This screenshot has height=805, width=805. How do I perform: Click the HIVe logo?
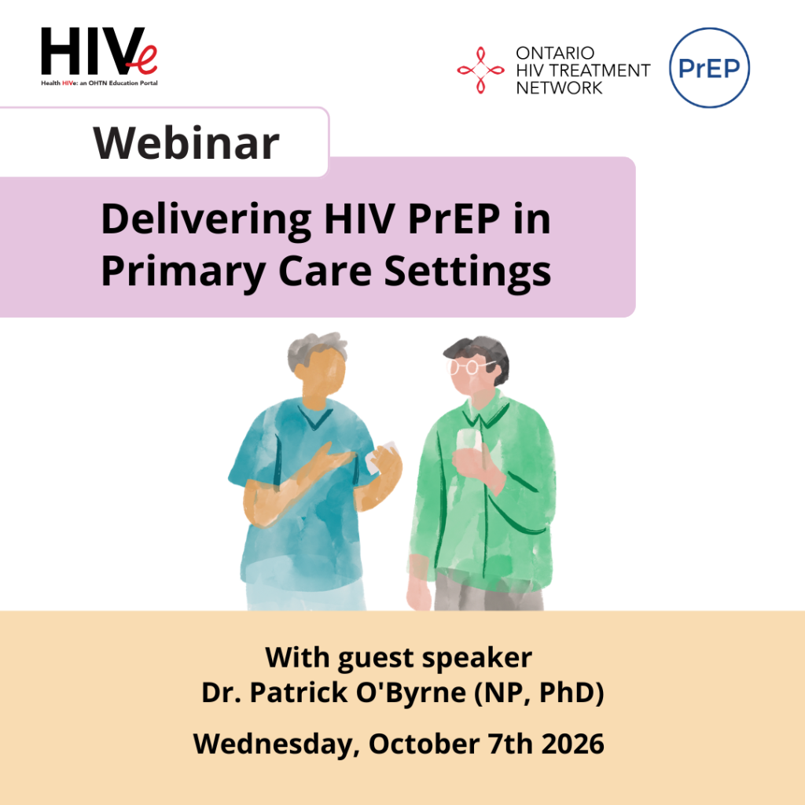click(99, 57)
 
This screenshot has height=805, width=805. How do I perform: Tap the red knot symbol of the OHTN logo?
click(480, 70)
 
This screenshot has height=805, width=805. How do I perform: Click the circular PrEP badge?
click(709, 68)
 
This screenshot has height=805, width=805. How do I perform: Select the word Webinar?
click(186, 143)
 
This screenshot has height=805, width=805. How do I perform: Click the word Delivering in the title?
click(207, 220)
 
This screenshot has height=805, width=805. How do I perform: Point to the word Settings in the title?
click(468, 272)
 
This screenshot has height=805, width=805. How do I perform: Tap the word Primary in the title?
click(183, 273)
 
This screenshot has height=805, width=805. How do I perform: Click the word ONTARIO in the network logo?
click(555, 53)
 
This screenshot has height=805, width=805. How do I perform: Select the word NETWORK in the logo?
click(559, 88)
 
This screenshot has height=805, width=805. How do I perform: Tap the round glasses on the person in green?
click(469, 366)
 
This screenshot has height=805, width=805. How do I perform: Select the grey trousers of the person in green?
click(487, 591)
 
